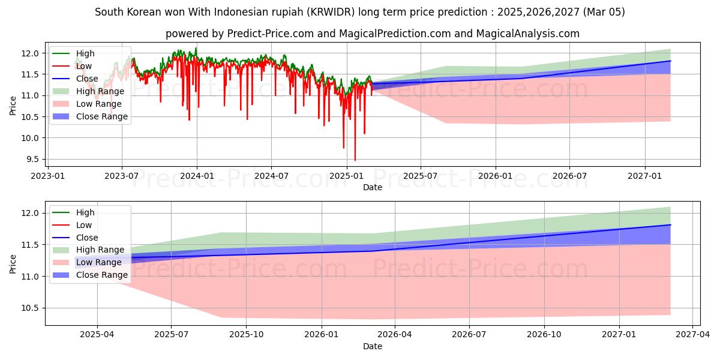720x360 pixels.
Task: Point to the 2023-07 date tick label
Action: [122, 176]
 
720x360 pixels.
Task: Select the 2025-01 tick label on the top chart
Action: [346, 176]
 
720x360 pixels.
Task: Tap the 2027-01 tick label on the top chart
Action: [645, 176]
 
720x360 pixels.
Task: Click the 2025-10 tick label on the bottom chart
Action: [247, 335]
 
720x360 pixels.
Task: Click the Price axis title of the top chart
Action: [13, 106]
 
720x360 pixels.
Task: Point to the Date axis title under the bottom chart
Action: [373, 346]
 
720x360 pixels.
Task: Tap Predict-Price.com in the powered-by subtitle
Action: [271, 34]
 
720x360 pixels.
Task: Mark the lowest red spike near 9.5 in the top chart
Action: [355, 160]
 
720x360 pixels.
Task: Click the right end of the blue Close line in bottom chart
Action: [670, 224]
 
